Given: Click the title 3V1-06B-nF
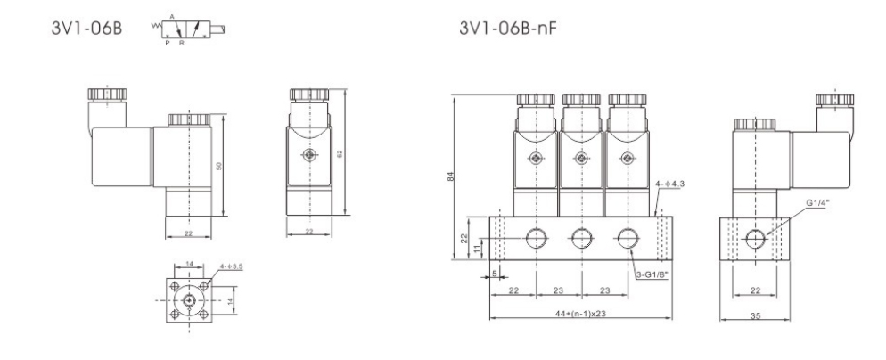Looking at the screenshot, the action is (507, 28).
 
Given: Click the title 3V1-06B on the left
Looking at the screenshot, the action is (86, 28).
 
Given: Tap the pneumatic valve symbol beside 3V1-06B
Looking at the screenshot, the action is (188, 29).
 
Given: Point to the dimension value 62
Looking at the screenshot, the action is (340, 153).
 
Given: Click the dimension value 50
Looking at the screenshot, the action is (219, 166).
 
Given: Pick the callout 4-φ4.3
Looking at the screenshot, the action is (671, 184).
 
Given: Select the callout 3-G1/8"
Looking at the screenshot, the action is (652, 274).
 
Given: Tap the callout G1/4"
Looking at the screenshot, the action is (816, 202).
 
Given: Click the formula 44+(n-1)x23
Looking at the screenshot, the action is (581, 314).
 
